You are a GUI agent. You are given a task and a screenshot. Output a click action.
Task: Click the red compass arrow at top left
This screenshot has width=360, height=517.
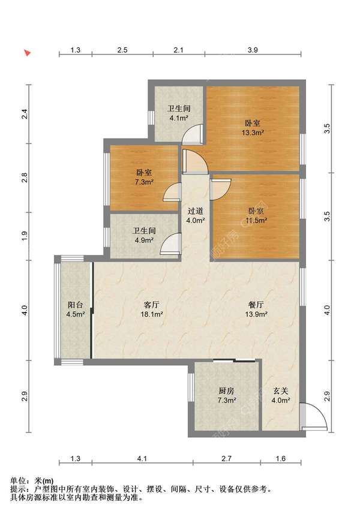tap(28, 52)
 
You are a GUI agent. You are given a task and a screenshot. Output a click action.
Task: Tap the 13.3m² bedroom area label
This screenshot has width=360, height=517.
tap(253, 133)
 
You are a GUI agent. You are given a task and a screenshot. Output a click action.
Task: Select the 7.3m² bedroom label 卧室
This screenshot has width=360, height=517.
tap(144, 173)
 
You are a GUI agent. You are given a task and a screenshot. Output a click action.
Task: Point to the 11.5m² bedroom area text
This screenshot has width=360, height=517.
tap(256, 220)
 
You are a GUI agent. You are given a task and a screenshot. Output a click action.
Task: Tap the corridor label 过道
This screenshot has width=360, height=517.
tap(195, 211)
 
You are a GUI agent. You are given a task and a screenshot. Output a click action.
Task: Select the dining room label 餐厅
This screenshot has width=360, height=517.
tap(256, 305)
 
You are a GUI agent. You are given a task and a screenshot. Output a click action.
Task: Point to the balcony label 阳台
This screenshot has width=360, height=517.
tap(75, 305)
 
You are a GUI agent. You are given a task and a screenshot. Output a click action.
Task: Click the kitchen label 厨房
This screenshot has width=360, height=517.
tap(226, 391)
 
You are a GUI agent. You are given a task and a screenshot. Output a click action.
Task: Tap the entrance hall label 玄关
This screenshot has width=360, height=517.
tap(281, 391)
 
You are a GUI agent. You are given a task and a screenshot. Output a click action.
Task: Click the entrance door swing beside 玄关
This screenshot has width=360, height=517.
tap(314, 416)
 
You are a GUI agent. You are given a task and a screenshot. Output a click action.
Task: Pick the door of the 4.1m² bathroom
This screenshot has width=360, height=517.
tap(193, 134)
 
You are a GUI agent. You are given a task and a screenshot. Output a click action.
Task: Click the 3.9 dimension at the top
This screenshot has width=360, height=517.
tap(253, 50)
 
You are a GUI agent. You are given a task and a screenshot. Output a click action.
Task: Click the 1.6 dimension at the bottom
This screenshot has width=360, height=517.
tap(280, 458)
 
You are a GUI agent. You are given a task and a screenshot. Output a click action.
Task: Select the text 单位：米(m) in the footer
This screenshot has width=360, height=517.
tap(32, 481)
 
